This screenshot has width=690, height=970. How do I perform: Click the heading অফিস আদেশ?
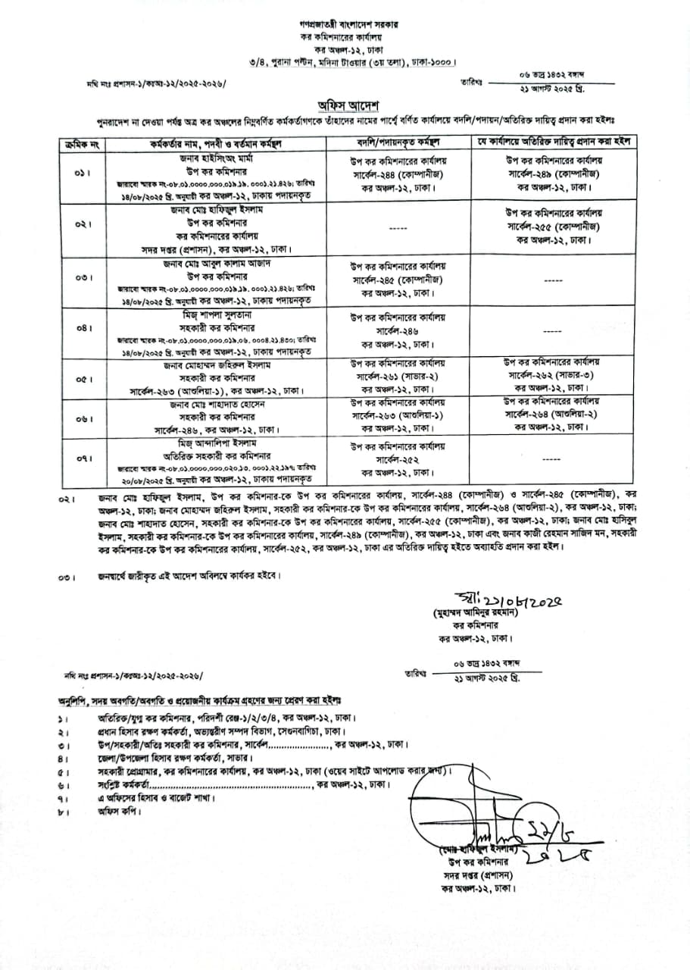click(349, 104)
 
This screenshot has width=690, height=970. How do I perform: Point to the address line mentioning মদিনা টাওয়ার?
click(349, 61)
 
